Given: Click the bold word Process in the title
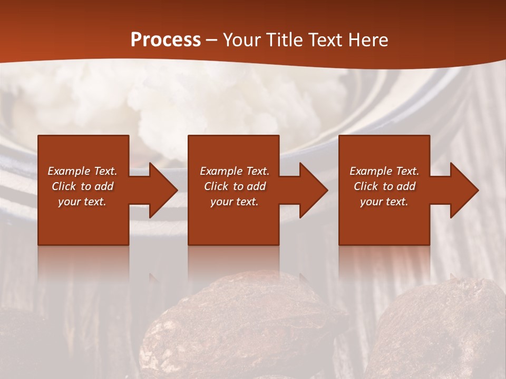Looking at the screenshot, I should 166,40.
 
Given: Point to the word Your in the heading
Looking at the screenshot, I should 242,40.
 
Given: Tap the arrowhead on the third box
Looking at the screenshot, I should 463,190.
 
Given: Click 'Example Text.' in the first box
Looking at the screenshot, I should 82,171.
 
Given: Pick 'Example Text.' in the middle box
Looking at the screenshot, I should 235,171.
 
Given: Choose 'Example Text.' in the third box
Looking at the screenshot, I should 384,171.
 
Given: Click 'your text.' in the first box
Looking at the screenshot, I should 82,202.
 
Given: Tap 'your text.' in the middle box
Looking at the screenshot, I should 235,202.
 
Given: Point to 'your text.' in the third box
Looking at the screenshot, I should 384,202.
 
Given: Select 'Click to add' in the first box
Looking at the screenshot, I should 82,186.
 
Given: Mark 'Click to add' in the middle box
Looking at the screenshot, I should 235,186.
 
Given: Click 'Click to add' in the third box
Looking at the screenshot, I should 384,186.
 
